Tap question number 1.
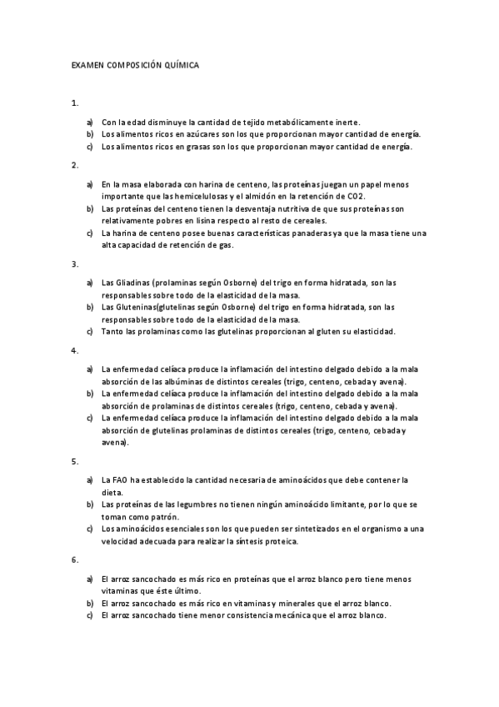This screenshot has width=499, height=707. point(75,103)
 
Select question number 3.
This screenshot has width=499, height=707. point(75,264)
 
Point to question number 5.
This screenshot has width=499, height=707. point(75,460)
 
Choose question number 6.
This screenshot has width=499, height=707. point(75,559)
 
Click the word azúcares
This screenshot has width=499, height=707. point(212,133)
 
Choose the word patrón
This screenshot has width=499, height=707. point(167,516)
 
